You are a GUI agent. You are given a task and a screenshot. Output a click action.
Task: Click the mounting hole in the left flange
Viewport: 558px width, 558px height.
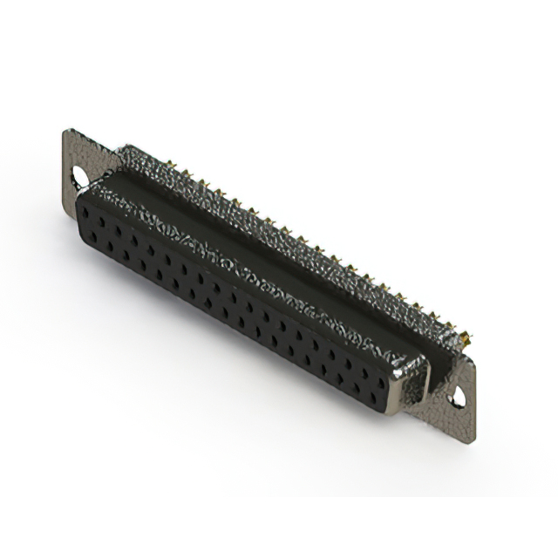[x=82, y=177]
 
